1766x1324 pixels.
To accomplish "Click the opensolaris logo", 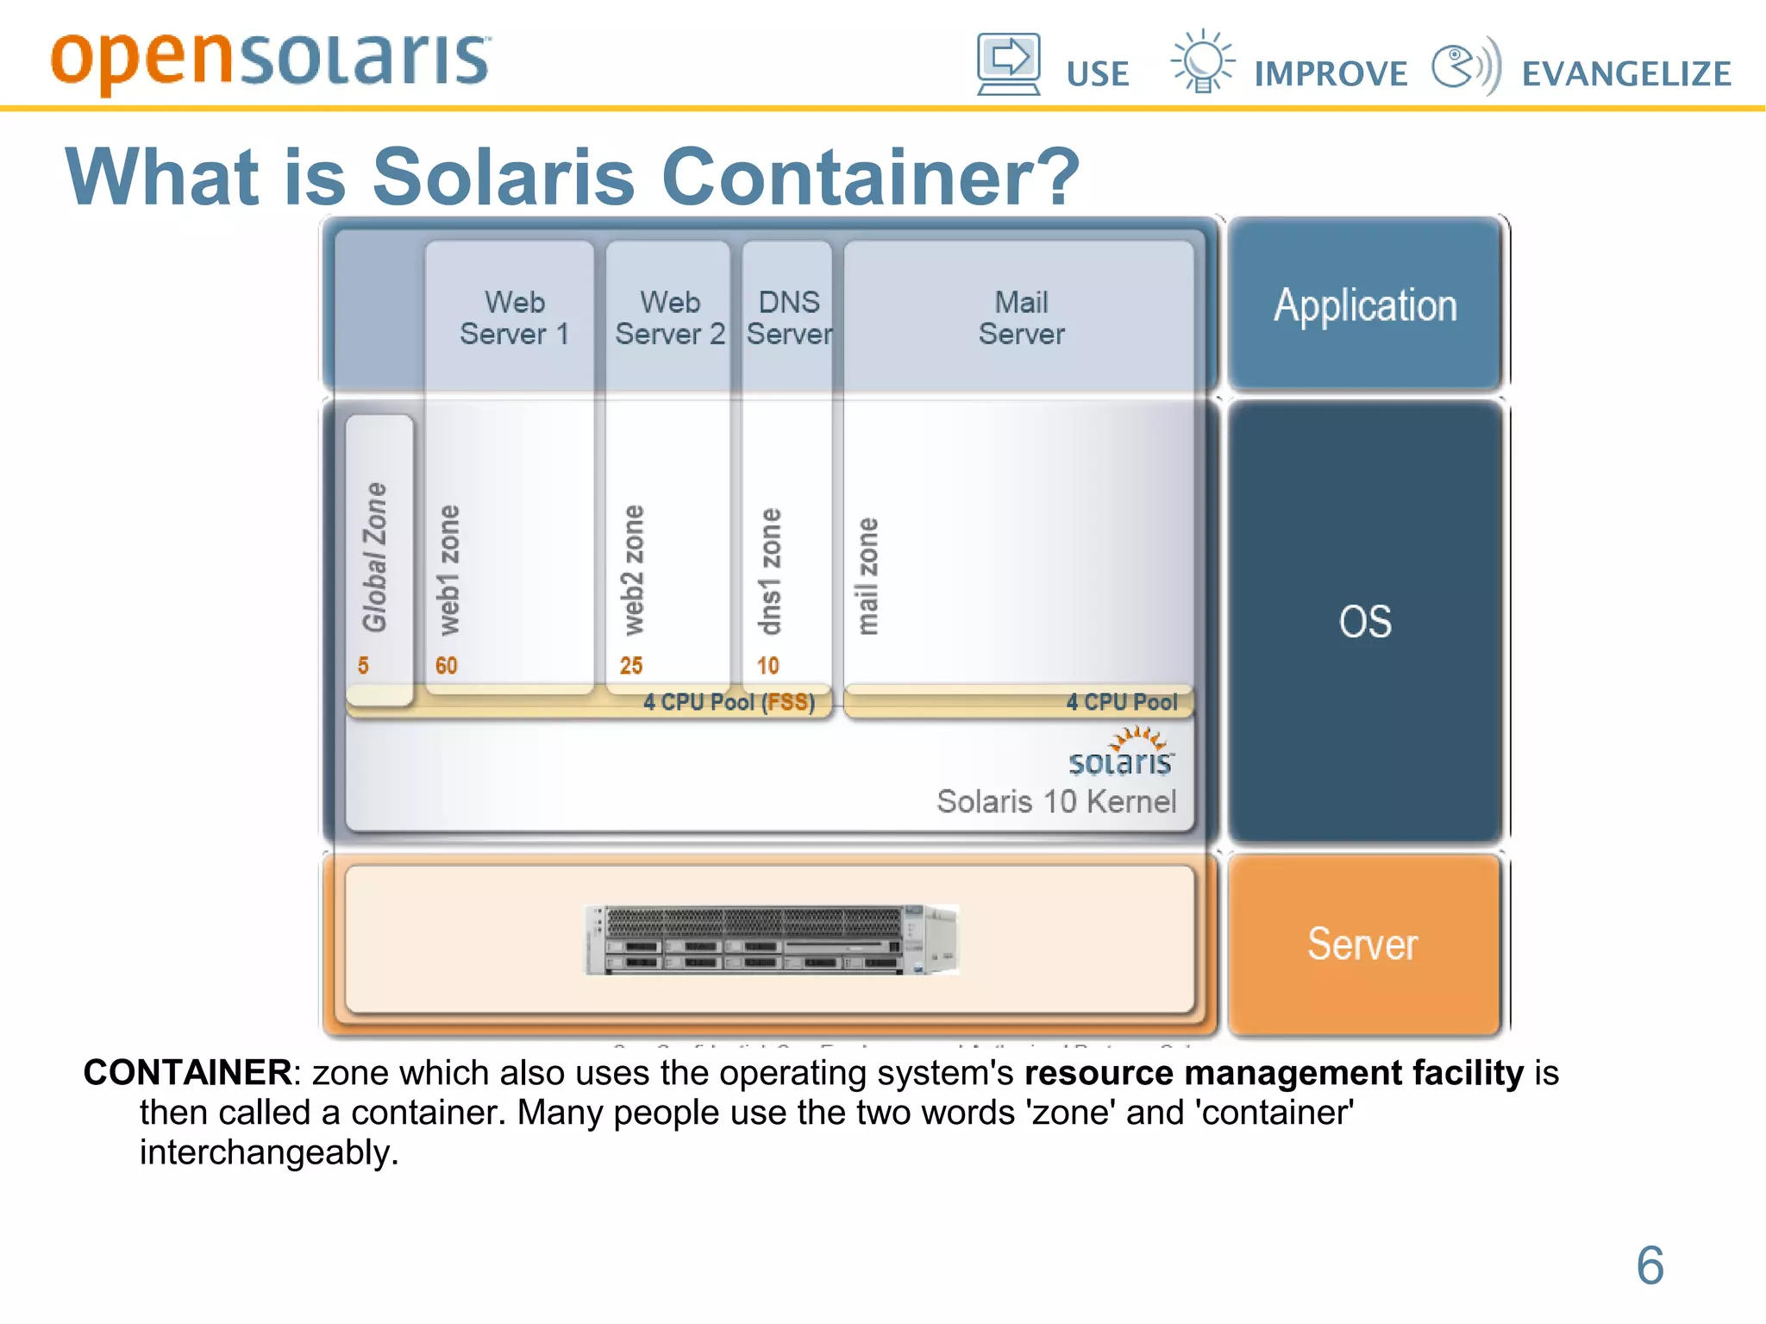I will (x=270, y=60).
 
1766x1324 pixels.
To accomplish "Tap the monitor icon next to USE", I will (x=1008, y=63).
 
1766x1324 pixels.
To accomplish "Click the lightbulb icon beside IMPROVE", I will (x=1202, y=61).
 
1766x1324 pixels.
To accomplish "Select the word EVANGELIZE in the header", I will (x=1626, y=74).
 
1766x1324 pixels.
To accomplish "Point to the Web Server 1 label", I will (x=515, y=318).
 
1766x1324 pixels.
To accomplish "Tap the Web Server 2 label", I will (x=670, y=318).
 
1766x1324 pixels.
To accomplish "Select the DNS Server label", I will (x=789, y=318).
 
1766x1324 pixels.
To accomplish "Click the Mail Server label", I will (x=1021, y=318).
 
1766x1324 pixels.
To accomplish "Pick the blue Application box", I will (x=1365, y=304).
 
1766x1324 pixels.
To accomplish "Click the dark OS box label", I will (x=1365, y=621).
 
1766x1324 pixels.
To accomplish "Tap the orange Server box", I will (x=1362, y=944).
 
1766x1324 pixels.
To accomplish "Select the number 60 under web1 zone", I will (x=446, y=666).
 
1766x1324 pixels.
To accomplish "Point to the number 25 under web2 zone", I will (x=631, y=666).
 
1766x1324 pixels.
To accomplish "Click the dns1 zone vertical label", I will (x=769, y=571).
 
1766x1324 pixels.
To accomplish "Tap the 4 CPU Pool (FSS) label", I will (x=729, y=702).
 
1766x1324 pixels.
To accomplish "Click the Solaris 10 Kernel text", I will (x=1056, y=801).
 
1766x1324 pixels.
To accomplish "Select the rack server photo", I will (x=771, y=940).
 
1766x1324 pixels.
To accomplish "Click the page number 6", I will (x=1650, y=1265).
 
